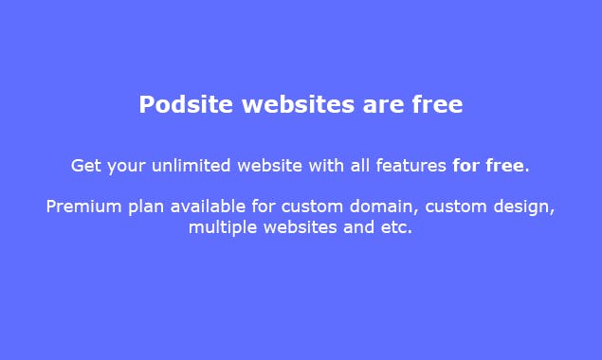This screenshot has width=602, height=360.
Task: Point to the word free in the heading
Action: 437,104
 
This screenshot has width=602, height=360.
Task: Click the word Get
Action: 85,166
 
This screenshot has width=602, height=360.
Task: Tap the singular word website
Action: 268,166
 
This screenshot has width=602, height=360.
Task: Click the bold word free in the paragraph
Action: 504,166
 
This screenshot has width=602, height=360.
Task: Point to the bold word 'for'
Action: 465,166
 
